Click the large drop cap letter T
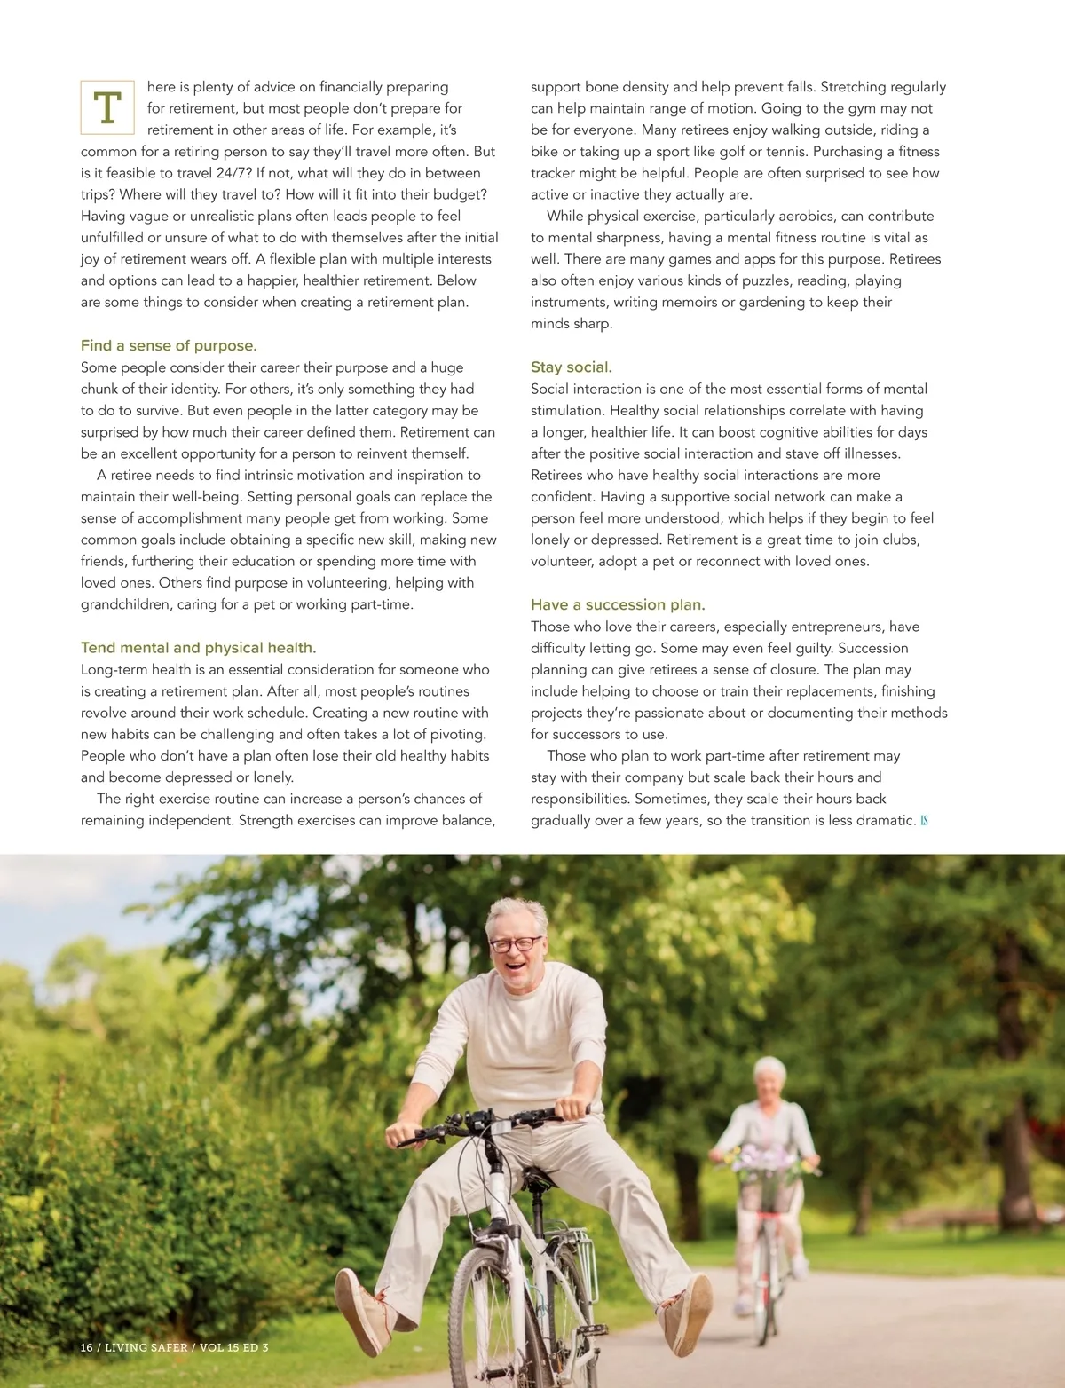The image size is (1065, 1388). [107, 107]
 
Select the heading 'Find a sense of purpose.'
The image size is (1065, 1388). [169, 346]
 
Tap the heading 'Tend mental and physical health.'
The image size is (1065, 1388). [198, 648]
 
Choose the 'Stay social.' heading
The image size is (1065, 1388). [572, 367]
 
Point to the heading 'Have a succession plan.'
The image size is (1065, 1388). [618, 605]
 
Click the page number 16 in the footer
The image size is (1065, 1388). [86, 1347]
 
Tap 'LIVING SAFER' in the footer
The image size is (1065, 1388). [146, 1347]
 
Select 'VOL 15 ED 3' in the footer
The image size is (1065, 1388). [233, 1347]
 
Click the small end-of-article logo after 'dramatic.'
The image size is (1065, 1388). [924, 821]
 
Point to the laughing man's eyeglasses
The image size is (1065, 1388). [515, 944]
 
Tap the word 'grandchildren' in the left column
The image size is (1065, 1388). [125, 604]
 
